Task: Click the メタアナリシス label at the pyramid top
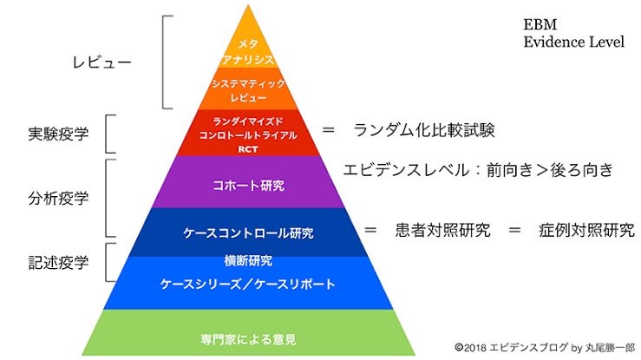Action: click(x=248, y=51)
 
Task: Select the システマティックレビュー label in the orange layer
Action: click(x=248, y=90)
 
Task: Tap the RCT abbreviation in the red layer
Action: click(x=248, y=149)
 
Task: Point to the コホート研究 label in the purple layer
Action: click(x=249, y=186)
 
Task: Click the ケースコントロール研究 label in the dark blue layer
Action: click(x=248, y=233)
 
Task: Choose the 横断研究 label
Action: click(x=248, y=261)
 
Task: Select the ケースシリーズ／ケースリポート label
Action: click(x=248, y=284)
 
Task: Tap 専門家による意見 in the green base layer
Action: click(x=248, y=339)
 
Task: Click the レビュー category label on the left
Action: click(x=102, y=62)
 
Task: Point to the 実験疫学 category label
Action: click(x=58, y=134)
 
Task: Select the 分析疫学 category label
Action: click(x=58, y=198)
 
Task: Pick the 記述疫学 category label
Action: click(x=58, y=263)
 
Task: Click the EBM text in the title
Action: click(x=540, y=24)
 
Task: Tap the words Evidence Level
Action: click(x=574, y=42)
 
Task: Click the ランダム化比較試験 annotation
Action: click(x=424, y=130)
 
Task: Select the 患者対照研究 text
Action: click(x=442, y=230)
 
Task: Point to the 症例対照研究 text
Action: click(x=586, y=230)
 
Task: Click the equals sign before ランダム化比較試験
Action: click(x=328, y=130)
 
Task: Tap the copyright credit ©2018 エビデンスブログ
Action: click(x=511, y=348)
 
